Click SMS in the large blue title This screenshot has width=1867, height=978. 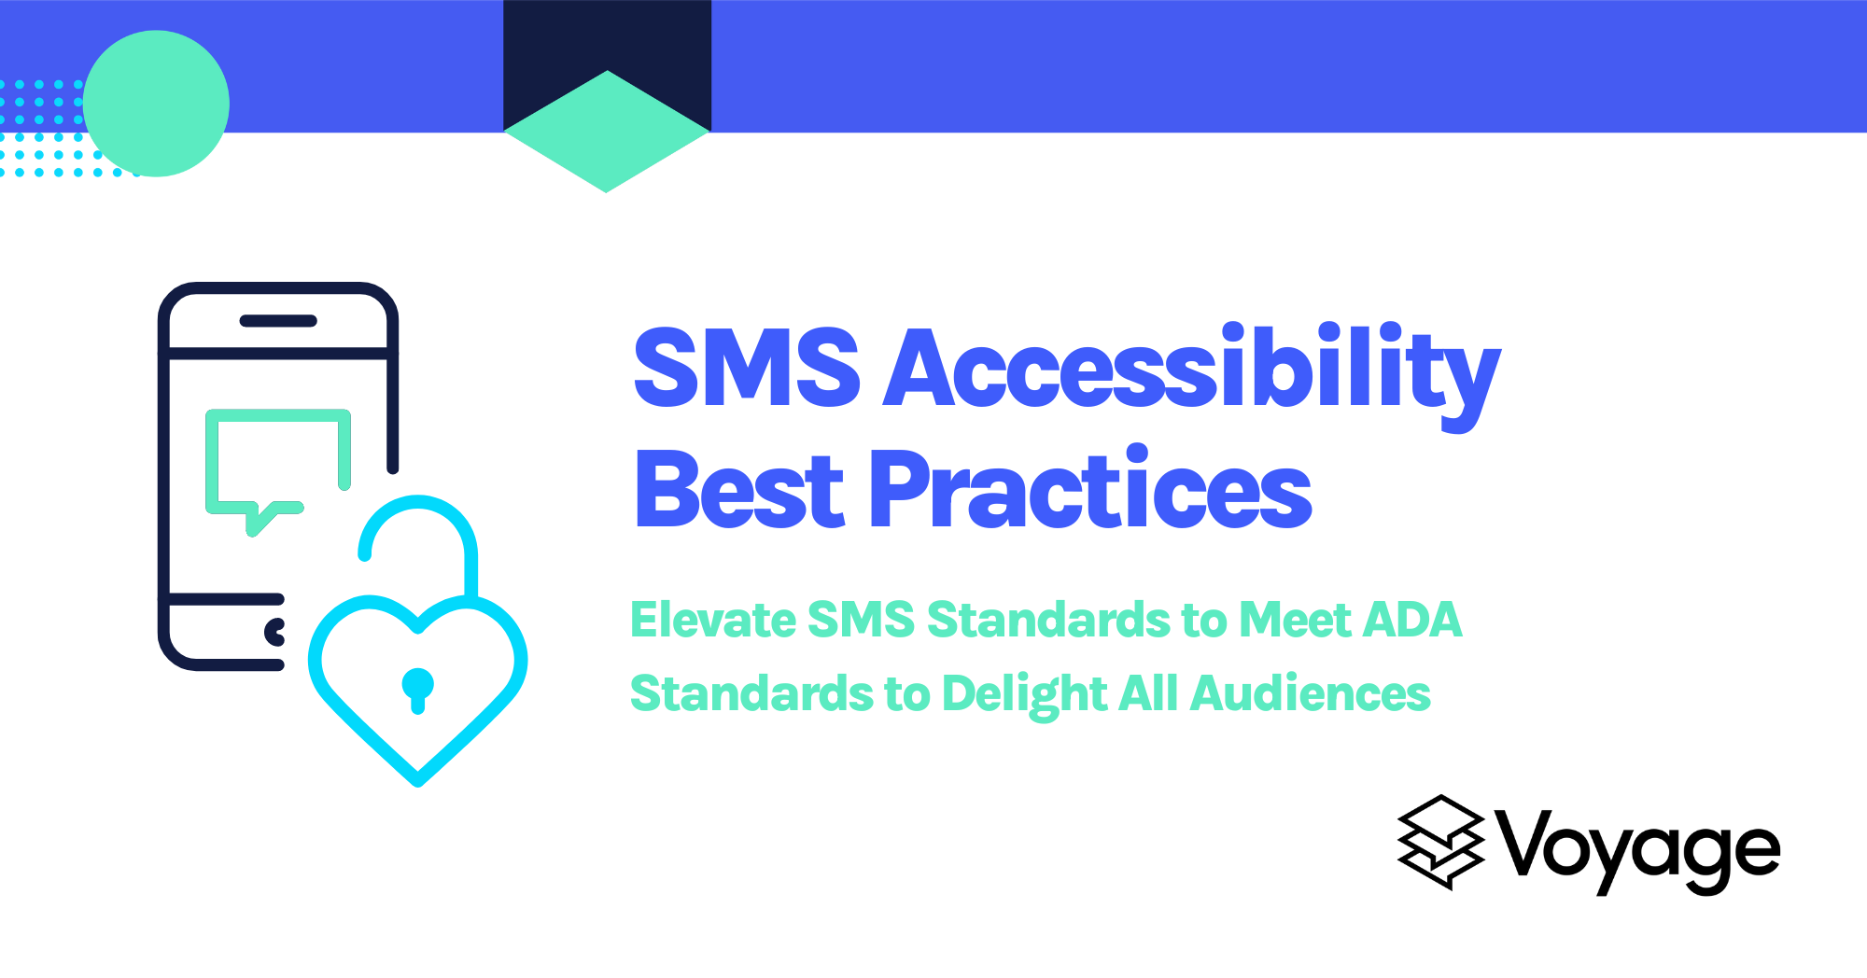tap(746, 370)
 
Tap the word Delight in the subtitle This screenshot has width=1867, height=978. tap(1024, 694)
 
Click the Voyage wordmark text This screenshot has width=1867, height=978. tap(1639, 849)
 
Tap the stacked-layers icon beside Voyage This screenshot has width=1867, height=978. tap(1440, 842)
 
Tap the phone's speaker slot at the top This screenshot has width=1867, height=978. tap(278, 321)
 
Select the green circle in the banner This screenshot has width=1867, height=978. tap(156, 104)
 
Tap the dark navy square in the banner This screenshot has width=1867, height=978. tap(607, 37)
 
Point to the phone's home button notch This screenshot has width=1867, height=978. tap(275, 632)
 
